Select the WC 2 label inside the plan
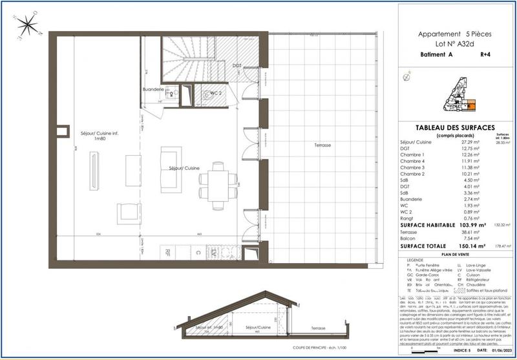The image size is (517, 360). pos(216,93)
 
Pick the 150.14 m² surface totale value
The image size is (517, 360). pos(474,246)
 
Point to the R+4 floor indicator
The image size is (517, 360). pos(486,56)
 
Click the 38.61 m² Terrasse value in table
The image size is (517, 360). pos(474,231)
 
